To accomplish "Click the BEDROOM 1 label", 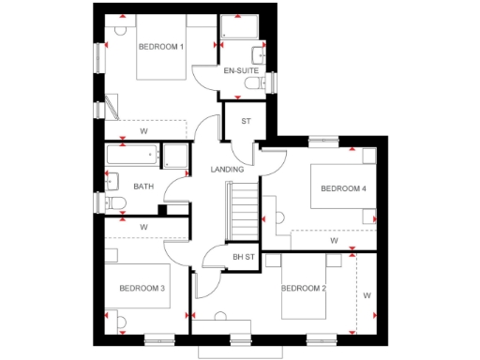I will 160,47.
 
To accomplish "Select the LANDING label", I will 227,170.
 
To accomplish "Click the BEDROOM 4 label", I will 343,188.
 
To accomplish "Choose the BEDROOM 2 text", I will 304,288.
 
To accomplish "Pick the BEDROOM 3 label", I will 142,288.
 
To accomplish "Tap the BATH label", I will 142,187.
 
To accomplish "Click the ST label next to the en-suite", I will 246,121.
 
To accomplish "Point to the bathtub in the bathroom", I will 132,155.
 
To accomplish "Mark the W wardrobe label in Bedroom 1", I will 143,130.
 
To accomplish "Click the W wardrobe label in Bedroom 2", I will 367,296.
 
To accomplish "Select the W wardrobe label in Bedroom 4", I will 333,241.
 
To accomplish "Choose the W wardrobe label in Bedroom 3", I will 143,227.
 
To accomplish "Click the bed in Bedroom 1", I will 164,62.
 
